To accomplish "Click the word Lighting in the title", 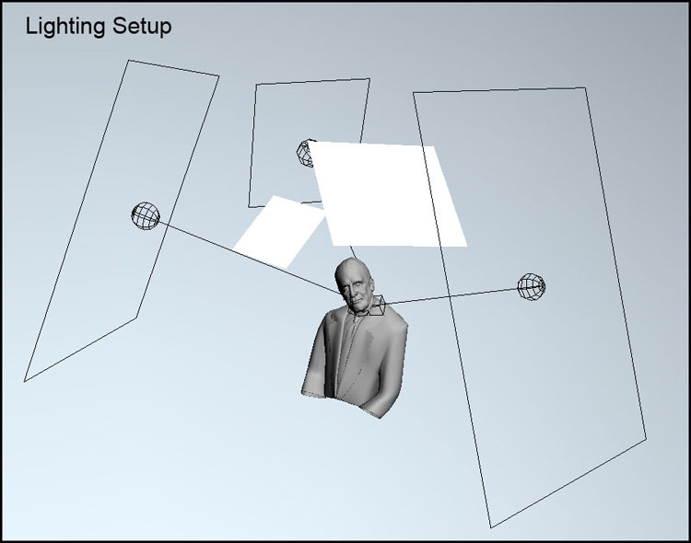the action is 65,28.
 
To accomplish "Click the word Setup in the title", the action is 142,28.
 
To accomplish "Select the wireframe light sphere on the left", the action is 146,215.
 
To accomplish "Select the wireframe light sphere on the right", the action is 531,287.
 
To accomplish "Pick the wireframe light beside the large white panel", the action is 305,154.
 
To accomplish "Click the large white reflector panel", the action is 388,195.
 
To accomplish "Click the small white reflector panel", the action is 279,232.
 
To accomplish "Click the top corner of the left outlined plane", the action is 129,61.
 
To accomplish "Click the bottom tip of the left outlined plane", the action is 25,381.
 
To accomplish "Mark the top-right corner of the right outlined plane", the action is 585,87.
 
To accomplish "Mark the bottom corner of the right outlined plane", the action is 491,527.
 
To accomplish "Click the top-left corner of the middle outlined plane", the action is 256,84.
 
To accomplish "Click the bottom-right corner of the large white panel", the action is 467,246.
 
